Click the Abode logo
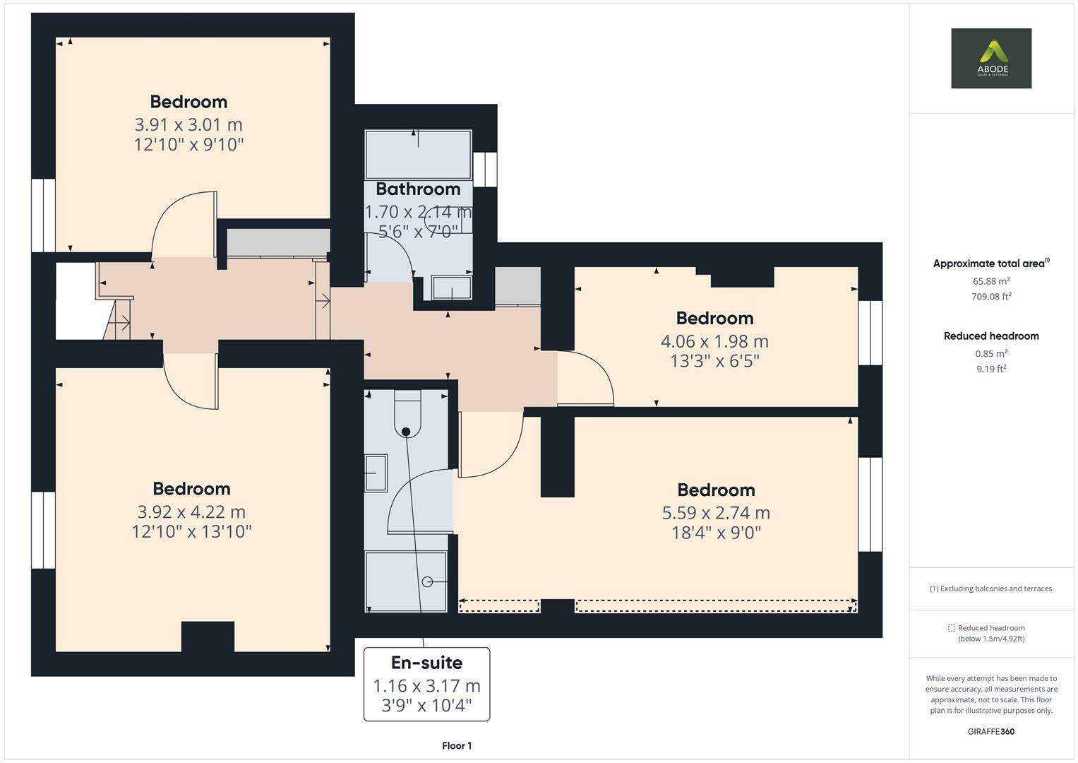(990, 59)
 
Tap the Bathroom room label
(418, 189)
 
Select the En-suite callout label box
(426, 684)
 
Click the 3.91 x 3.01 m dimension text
(188, 125)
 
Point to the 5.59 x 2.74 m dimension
(715, 513)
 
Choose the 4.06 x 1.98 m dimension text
(714, 341)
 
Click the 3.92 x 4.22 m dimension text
(191, 512)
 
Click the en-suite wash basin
(376, 473)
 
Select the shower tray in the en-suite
(406, 581)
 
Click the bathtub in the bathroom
(418, 154)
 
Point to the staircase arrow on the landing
(119, 324)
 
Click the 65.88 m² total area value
(990, 280)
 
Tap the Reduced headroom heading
(990, 336)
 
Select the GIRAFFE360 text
(990, 731)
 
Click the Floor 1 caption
(456, 745)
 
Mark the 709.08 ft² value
(990, 297)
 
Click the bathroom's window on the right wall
(485, 170)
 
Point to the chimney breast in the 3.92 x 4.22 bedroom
(208, 637)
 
